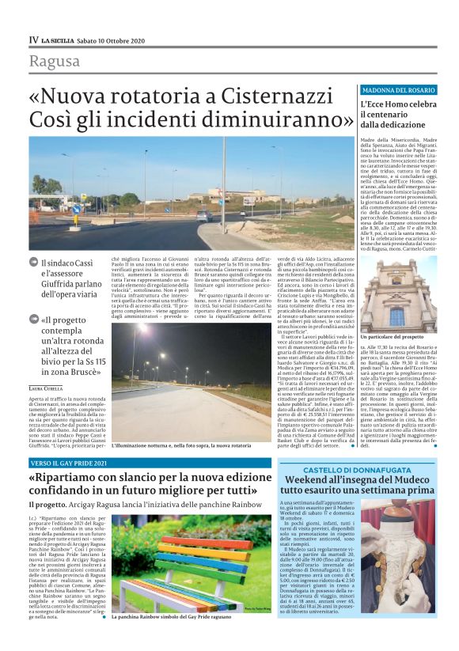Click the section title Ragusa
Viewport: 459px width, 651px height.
pos(54,62)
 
